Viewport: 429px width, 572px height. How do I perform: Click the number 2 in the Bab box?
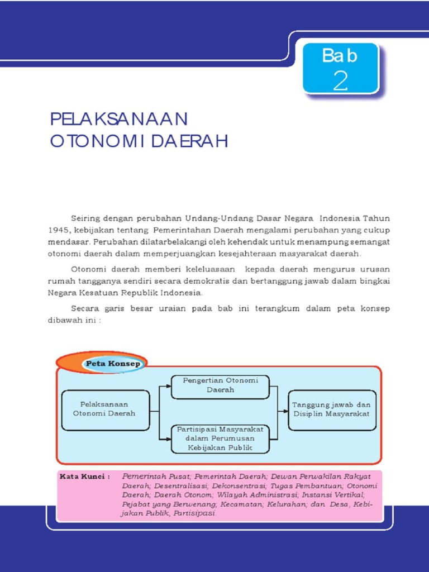coord(340,81)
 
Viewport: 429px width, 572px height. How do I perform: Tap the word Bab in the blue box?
coord(340,56)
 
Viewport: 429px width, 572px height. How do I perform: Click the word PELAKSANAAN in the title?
coord(118,119)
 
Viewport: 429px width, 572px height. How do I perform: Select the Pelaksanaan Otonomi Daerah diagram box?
coord(105,410)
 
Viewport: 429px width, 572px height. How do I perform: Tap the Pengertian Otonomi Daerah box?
coord(221,385)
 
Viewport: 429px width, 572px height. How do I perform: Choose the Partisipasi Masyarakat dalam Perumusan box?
coord(220,438)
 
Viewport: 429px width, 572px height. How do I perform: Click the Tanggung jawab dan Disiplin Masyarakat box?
coord(332,410)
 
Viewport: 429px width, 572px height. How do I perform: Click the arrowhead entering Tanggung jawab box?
coord(286,411)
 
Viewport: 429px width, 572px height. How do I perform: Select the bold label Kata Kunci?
coord(84,478)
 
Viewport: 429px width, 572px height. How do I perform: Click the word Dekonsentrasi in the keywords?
coord(204,487)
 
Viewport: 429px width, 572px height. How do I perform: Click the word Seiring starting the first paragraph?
coord(84,218)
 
